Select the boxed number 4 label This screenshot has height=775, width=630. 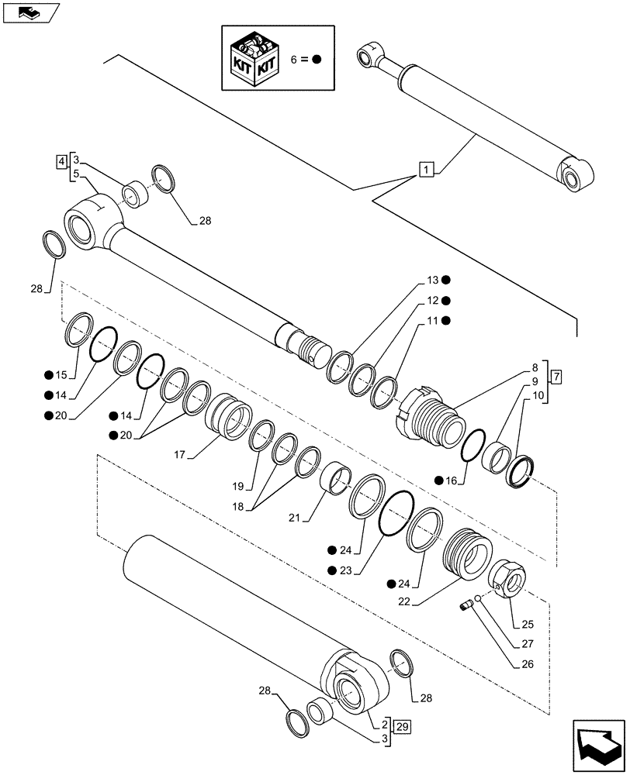coord(61,161)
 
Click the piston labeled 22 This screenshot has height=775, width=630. coord(471,553)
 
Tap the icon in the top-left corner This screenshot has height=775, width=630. coord(29,12)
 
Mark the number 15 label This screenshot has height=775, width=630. coord(60,376)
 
